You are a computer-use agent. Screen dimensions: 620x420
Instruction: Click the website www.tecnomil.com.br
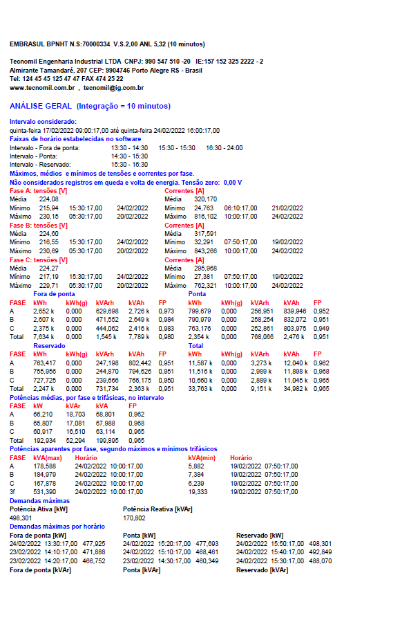pos(42,88)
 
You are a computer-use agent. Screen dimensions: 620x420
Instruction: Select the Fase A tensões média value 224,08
pos(49,199)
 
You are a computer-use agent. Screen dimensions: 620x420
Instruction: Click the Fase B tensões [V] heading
pos(38,226)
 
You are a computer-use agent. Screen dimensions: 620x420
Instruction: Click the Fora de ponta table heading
pos(54,293)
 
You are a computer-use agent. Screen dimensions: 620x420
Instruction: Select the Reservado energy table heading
pos(49,345)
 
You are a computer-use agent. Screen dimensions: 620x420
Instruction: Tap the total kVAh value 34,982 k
pos(296,388)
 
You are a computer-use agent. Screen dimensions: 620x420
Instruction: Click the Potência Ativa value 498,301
pos(21,517)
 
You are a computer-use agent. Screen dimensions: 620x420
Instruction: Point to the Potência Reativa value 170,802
pos(134,517)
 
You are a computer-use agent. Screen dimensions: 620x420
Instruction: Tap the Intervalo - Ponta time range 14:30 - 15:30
pos(129,156)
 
